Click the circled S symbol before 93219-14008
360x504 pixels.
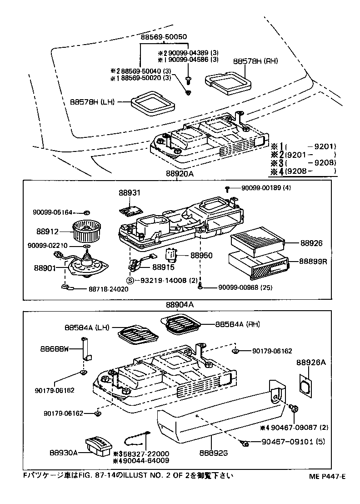click(130, 281)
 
